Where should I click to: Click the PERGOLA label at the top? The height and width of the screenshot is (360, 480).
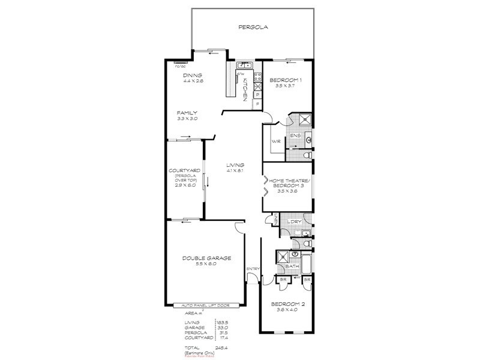pyautogui.click(x=252, y=27)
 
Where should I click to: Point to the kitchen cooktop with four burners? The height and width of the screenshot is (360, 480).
pyautogui.click(x=258, y=76)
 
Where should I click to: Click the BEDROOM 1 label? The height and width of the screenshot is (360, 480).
pyautogui.click(x=285, y=80)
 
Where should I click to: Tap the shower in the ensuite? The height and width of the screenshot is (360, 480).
pyautogui.click(x=304, y=118)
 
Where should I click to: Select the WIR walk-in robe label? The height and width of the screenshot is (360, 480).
pyautogui.click(x=275, y=142)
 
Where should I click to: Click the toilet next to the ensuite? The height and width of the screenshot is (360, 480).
pyautogui.click(x=307, y=155)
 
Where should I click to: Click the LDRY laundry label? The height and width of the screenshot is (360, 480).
pyautogui.click(x=294, y=221)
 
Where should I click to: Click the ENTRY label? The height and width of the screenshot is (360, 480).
pyautogui.click(x=252, y=269)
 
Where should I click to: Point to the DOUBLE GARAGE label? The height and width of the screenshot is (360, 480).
pyautogui.click(x=206, y=258)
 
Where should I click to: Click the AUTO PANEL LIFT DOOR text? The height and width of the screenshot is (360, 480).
pyautogui.click(x=206, y=305)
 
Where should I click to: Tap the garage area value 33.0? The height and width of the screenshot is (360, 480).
pyautogui.click(x=223, y=327)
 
